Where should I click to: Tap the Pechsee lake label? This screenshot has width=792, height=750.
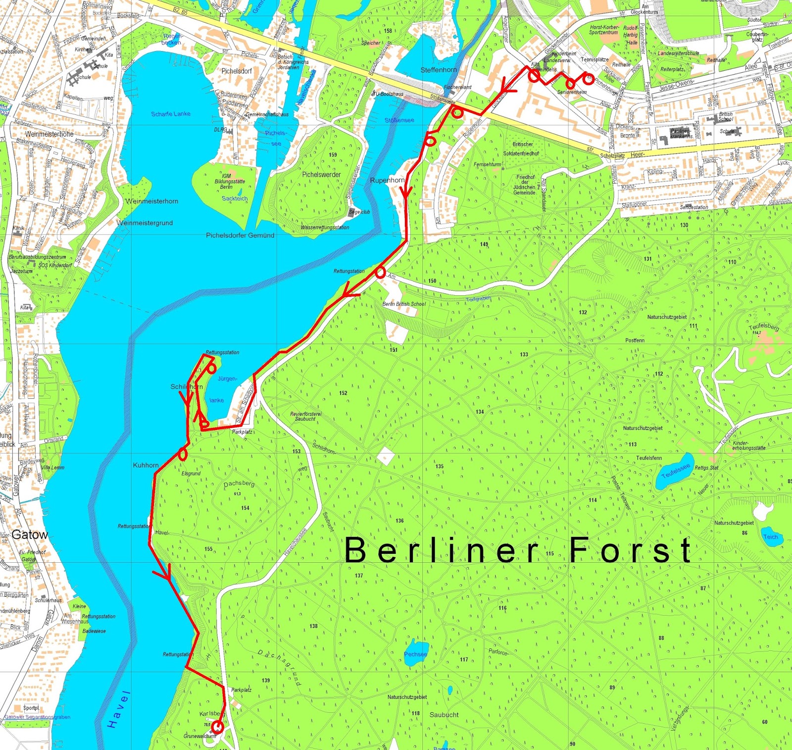(415, 654)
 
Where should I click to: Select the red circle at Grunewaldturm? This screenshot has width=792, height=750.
(217, 727)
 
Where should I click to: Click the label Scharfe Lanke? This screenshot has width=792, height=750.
(171, 114)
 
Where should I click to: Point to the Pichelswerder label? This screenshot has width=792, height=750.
(321, 175)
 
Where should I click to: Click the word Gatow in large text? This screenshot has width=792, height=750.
(30, 535)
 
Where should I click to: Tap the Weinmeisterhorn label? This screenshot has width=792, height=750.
(151, 201)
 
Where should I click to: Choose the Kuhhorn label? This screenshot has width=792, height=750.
(146, 465)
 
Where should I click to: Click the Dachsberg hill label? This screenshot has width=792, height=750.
(239, 483)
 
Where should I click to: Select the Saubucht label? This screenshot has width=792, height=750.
(444, 715)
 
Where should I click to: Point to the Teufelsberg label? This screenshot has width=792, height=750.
(764, 327)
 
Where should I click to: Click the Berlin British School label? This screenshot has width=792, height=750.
(403, 304)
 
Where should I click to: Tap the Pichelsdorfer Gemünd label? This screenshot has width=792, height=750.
(240, 235)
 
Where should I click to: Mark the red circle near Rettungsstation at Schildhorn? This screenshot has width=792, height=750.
(211, 369)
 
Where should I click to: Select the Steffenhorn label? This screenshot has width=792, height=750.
(439, 70)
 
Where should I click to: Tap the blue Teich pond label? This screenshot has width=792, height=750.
(771, 537)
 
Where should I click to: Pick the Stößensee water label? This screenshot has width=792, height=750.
(399, 120)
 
